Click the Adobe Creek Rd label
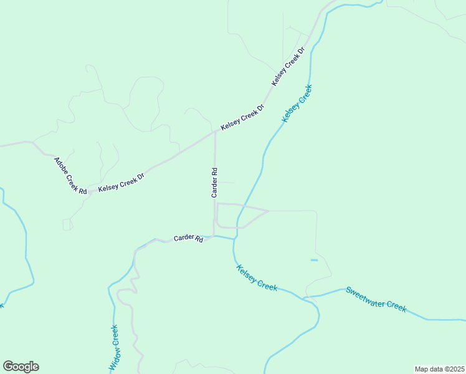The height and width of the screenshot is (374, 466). click(70, 175)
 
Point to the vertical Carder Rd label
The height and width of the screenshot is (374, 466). click(214, 182)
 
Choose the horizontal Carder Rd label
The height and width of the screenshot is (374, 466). click(188, 238)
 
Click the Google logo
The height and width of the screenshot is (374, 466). click(21, 367)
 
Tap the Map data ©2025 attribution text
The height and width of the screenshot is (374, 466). click(439, 368)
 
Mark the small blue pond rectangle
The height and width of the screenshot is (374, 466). click(314, 260)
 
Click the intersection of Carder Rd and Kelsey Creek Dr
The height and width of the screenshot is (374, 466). click(216, 132)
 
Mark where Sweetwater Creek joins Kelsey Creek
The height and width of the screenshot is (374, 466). click(305, 298)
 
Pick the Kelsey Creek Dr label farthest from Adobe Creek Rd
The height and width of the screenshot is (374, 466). click(288, 66)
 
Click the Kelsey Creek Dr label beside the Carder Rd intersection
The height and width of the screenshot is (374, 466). click(242, 117)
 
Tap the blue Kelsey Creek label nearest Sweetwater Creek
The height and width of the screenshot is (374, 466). click(257, 277)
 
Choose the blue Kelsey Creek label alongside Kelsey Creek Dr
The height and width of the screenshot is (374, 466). click(297, 103)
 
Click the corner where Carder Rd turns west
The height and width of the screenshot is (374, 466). click(214, 236)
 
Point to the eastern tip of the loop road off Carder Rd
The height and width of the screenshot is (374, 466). click(268, 211)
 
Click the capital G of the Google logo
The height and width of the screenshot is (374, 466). click(8, 367)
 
